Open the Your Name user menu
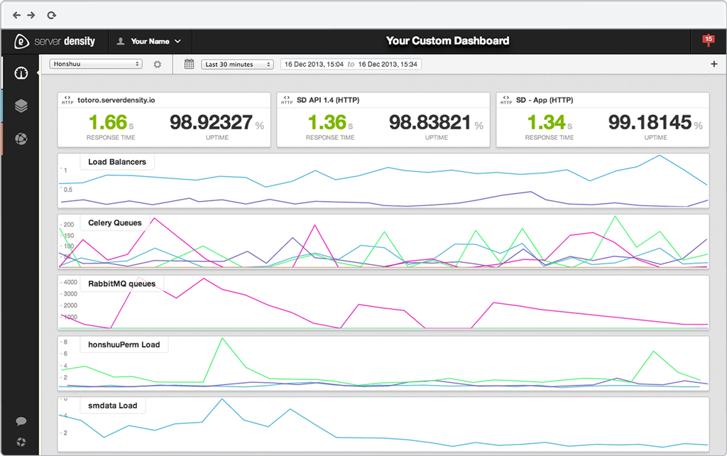pyautogui.click(x=150, y=41)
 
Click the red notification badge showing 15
pyautogui.click(x=708, y=40)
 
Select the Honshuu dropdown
pyautogui.click(x=96, y=64)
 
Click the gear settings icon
pyautogui.click(x=158, y=65)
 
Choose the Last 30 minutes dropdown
pyautogui.click(x=237, y=65)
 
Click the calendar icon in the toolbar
pyautogui.click(x=189, y=64)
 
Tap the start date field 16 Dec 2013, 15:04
pyautogui.click(x=313, y=65)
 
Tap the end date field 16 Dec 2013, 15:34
pyautogui.click(x=388, y=65)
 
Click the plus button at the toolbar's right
pyautogui.click(x=714, y=65)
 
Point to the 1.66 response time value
pyautogui.click(x=106, y=122)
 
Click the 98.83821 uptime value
pyautogui.click(x=430, y=122)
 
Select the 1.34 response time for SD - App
pyautogui.click(x=546, y=122)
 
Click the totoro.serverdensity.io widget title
pyautogui.click(x=117, y=100)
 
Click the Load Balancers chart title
pyautogui.click(x=116, y=162)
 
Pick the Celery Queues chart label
pyautogui.click(x=114, y=223)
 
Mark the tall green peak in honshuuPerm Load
pyautogui.click(x=222, y=339)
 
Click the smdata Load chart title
pyautogui.click(x=112, y=406)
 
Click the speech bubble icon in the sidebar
pyautogui.click(x=21, y=421)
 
